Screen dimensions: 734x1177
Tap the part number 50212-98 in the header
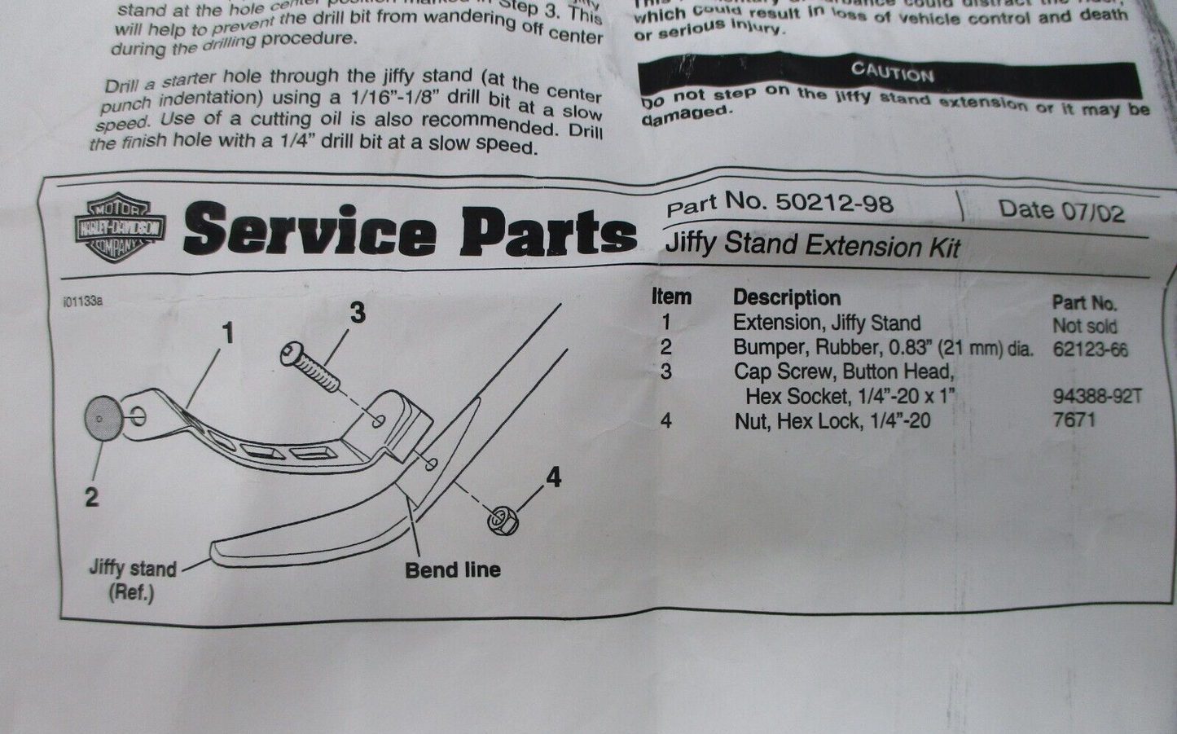click(834, 202)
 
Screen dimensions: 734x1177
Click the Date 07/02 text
click(1061, 210)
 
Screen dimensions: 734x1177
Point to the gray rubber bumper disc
click(103, 417)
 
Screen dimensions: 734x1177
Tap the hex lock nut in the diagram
click(503, 519)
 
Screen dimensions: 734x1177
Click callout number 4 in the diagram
click(554, 477)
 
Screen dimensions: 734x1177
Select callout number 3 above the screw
click(357, 312)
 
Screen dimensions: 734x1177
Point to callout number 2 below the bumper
click(92, 497)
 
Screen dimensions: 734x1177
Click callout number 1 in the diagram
click(227, 332)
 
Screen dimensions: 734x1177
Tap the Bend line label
click(453, 569)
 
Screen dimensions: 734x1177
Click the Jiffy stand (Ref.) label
click(132, 580)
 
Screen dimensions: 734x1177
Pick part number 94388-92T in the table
click(1097, 397)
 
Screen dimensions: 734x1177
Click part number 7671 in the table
click(1074, 420)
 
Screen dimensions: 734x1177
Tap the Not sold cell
click(1084, 326)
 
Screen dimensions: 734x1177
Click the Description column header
click(786, 297)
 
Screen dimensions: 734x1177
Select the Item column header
click(671, 297)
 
